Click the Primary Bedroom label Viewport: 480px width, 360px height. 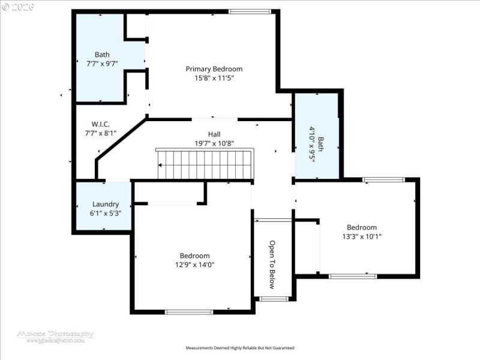click(214, 69)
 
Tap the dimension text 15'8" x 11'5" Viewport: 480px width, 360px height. click(214, 78)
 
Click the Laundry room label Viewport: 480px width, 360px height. click(106, 204)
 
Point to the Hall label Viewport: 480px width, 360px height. click(214, 134)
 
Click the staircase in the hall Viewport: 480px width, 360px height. click(204, 164)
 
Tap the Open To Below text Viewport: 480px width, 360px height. click(272, 264)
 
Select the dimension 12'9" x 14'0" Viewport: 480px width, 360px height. click(195, 265)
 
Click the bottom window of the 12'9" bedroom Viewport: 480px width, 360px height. click(189, 311)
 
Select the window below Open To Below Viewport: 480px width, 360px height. click(274, 298)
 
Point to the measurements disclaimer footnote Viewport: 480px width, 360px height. click(240, 348)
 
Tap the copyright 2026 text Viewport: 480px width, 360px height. click(19, 7)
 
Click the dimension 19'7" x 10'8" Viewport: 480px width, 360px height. click(214, 143)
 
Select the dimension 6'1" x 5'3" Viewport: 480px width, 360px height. click(106, 213)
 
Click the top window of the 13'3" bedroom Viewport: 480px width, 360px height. click(384, 179)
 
